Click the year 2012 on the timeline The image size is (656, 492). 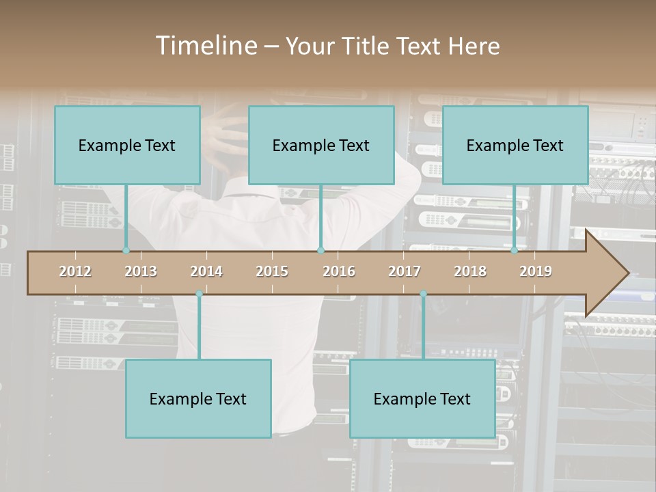[75, 271]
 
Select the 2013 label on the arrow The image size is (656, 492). [141, 271]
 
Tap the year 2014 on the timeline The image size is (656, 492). [206, 271]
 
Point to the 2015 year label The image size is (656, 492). [272, 271]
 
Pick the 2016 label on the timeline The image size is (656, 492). [339, 271]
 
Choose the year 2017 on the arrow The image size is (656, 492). [405, 271]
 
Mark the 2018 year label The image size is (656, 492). [470, 271]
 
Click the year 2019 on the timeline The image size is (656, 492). [536, 271]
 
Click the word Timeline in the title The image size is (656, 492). [205, 46]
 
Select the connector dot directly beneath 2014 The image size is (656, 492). [199, 294]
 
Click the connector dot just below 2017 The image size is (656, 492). [423, 294]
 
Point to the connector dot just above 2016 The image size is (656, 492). [320, 250]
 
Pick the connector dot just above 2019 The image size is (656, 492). [515, 250]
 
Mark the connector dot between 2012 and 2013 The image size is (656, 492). [126, 250]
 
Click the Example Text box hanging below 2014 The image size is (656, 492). [198, 398]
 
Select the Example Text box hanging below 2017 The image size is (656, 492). [422, 398]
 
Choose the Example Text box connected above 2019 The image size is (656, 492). [515, 145]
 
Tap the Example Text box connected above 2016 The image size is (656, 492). [321, 145]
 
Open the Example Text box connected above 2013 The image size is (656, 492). [127, 145]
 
